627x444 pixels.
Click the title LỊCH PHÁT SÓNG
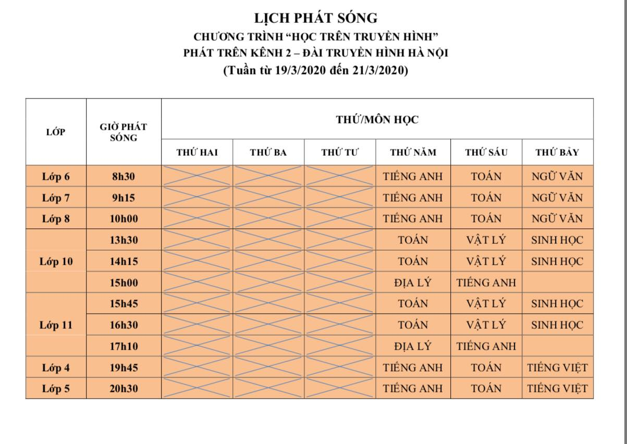coord(315,18)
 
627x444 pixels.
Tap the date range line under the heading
coord(315,71)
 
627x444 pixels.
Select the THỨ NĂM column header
coord(413,153)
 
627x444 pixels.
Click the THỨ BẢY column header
coord(557,153)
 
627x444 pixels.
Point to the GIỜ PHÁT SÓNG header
coord(124,132)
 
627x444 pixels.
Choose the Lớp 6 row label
coord(56,177)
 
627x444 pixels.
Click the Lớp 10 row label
coord(56,261)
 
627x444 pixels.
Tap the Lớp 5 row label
coord(56,389)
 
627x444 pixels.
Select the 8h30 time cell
coord(124,177)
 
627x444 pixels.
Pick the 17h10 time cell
coord(124,346)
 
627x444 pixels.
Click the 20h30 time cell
coord(124,389)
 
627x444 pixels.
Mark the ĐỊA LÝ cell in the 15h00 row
coord(413,282)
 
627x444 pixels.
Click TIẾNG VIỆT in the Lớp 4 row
coord(557,367)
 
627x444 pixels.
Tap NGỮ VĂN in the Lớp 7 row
coord(557,198)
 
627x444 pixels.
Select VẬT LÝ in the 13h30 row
coord(486,240)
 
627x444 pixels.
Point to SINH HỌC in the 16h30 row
coord(557,325)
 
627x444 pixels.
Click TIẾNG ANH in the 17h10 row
coord(486,346)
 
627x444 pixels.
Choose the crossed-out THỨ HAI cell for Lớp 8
coord(197,219)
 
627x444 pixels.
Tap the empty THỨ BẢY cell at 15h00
coord(557,282)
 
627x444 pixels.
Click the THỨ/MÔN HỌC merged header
coord(377,119)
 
